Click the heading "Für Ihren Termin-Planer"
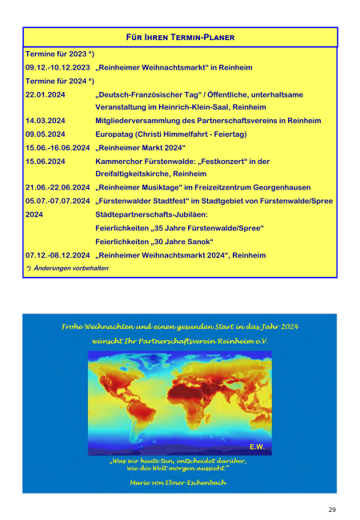point(181,38)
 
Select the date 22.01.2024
point(45,94)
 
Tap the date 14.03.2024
point(45,120)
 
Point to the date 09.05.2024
point(45,134)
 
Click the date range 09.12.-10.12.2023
point(58,68)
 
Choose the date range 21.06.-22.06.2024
point(58,186)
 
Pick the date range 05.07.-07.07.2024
point(58,198)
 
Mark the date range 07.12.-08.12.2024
point(58,254)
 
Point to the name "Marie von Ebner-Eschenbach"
point(179,482)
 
